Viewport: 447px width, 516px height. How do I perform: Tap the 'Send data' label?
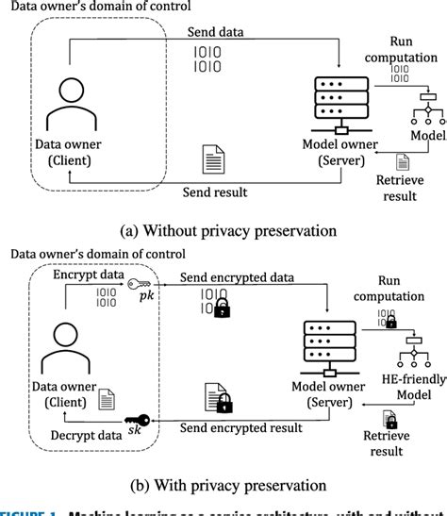tap(214, 32)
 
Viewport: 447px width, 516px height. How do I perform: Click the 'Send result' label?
tap(215, 192)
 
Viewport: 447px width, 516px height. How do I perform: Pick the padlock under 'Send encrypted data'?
tap(223, 309)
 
